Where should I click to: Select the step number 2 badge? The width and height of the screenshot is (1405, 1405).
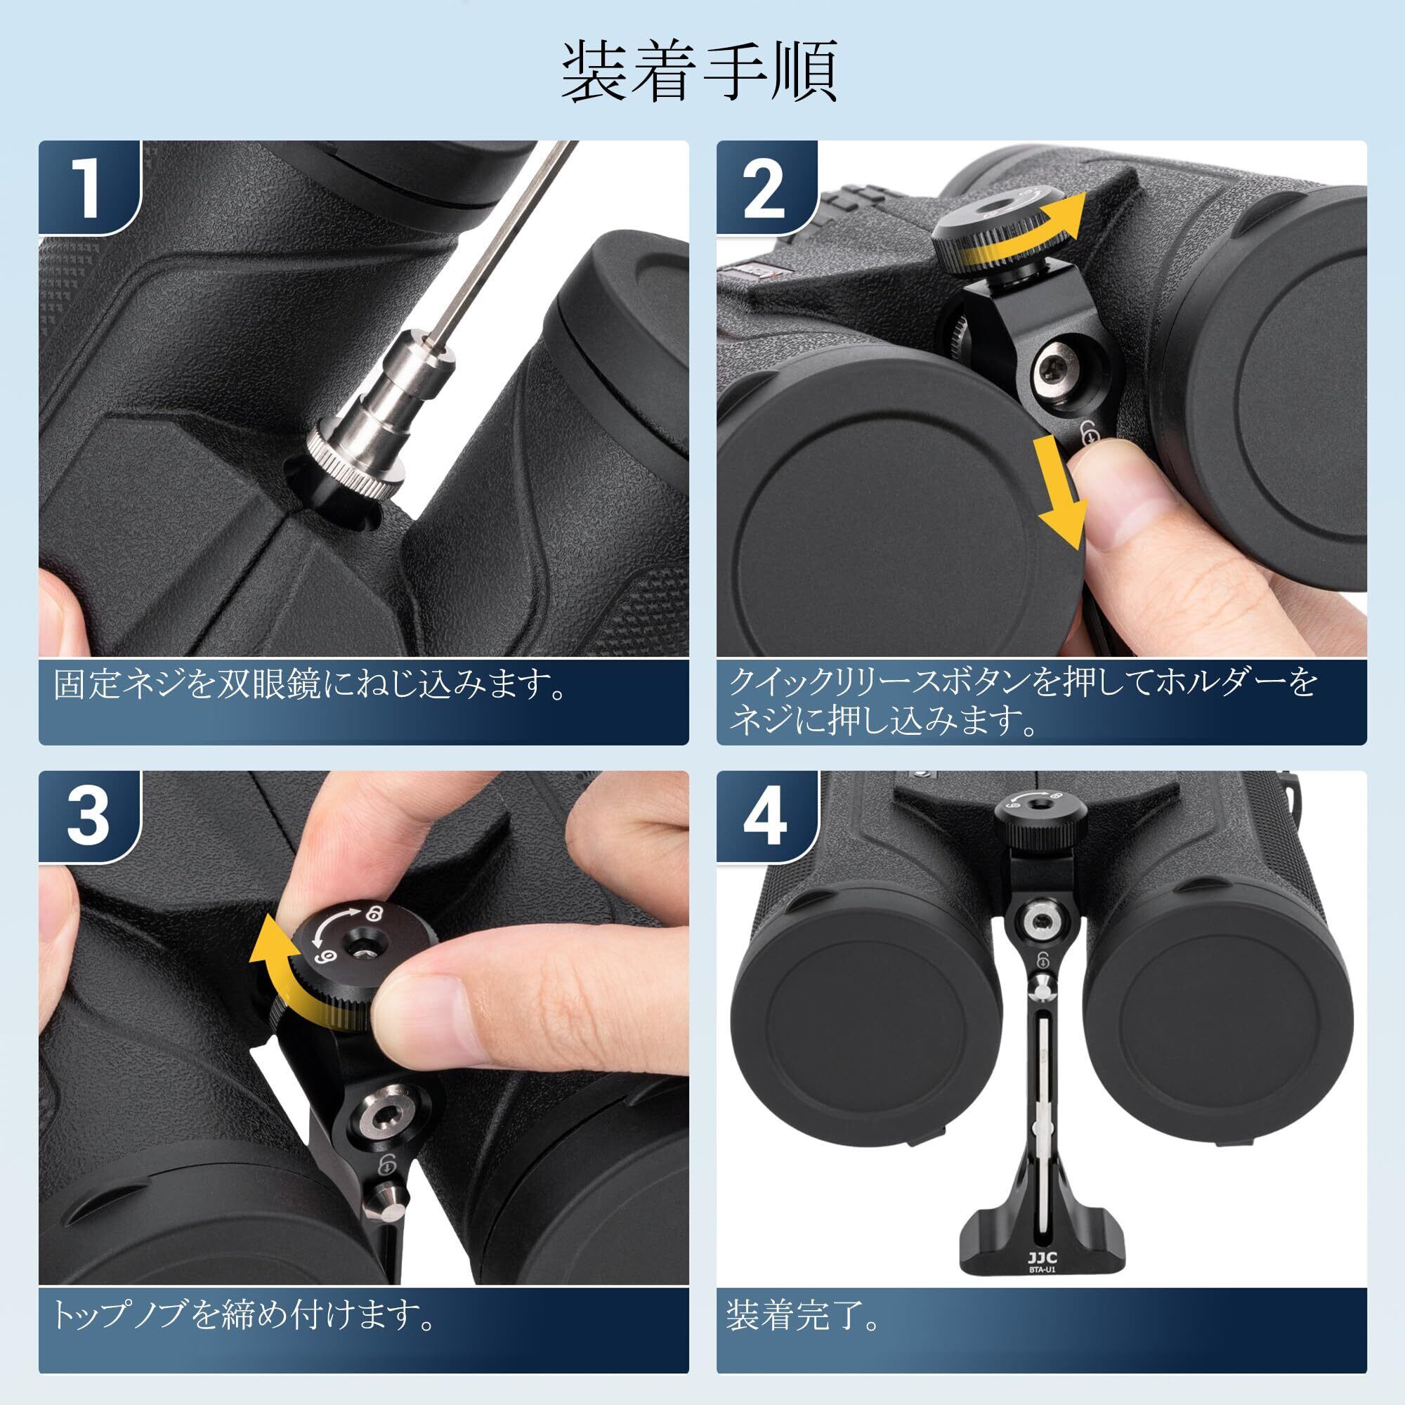[x=766, y=188]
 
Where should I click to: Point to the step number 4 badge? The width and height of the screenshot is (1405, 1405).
[x=766, y=818]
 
